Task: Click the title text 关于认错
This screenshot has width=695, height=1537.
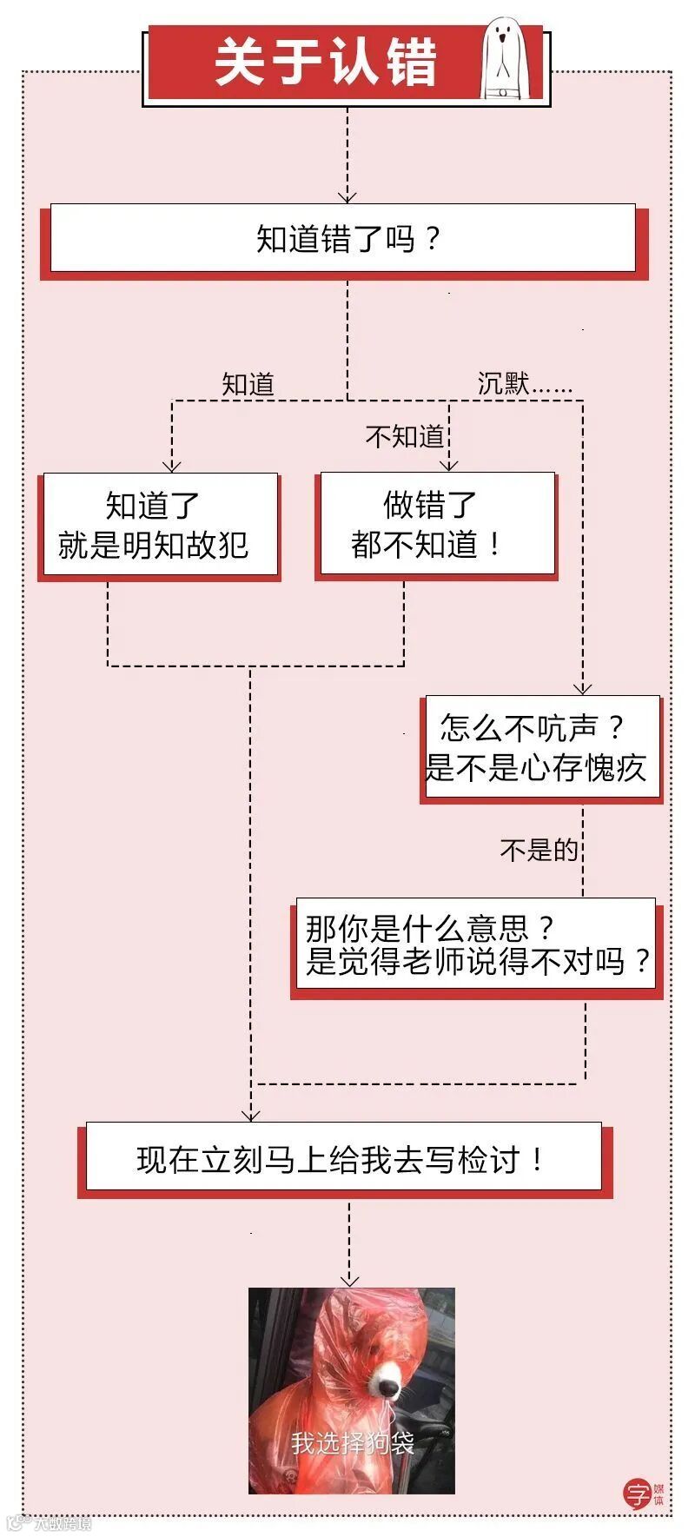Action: [325, 63]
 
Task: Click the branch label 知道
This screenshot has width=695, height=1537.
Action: [248, 384]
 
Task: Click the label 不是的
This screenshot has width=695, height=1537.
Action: [539, 849]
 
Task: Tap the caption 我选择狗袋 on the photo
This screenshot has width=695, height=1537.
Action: [352, 1443]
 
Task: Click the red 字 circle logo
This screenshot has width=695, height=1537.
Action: [638, 1493]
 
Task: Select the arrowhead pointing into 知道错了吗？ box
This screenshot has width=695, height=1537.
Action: [347, 196]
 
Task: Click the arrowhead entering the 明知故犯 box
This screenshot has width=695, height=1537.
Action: [172, 466]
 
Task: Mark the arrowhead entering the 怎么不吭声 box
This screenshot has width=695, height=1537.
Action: [583, 688]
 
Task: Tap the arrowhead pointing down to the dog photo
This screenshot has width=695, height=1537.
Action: [349, 1280]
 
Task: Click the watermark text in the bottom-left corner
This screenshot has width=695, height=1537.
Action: [52, 1522]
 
